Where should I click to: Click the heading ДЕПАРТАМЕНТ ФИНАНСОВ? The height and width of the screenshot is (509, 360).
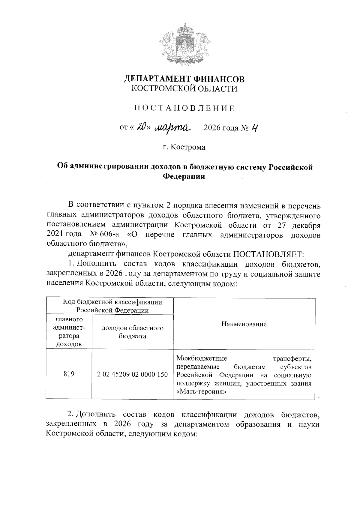(184, 79)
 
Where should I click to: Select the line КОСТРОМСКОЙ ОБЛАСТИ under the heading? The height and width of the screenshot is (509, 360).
(184, 89)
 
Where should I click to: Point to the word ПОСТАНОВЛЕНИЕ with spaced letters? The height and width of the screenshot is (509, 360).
(184, 108)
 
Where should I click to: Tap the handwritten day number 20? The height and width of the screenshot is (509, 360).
(141, 127)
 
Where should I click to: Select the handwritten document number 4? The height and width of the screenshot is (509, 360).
(254, 128)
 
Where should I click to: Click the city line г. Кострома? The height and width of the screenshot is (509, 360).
(184, 147)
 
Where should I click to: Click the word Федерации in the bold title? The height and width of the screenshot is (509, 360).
(184, 176)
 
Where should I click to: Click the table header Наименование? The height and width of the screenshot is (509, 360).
(244, 324)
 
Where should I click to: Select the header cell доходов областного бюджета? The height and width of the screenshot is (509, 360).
(132, 332)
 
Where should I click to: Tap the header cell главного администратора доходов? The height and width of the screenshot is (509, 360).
(69, 331)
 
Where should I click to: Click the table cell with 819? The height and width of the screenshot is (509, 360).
(69, 374)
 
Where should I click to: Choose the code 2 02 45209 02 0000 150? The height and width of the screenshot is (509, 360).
(132, 374)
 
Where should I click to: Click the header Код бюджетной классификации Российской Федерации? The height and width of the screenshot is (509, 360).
(112, 306)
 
